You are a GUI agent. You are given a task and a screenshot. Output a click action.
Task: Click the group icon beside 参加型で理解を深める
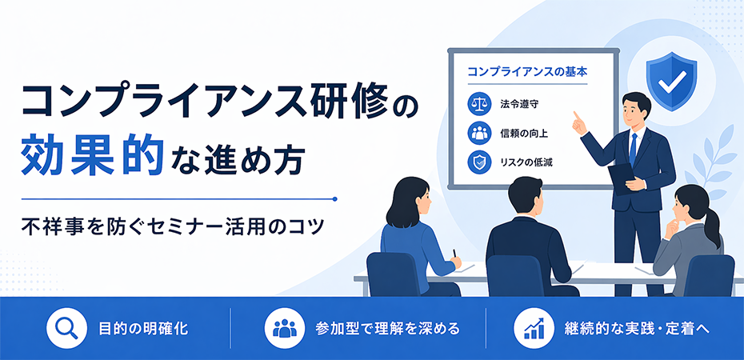tap(284, 328)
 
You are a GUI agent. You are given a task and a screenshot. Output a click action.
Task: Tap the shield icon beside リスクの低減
tap(478, 162)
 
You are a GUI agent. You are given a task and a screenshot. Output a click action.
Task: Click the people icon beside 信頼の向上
tap(478, 132)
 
